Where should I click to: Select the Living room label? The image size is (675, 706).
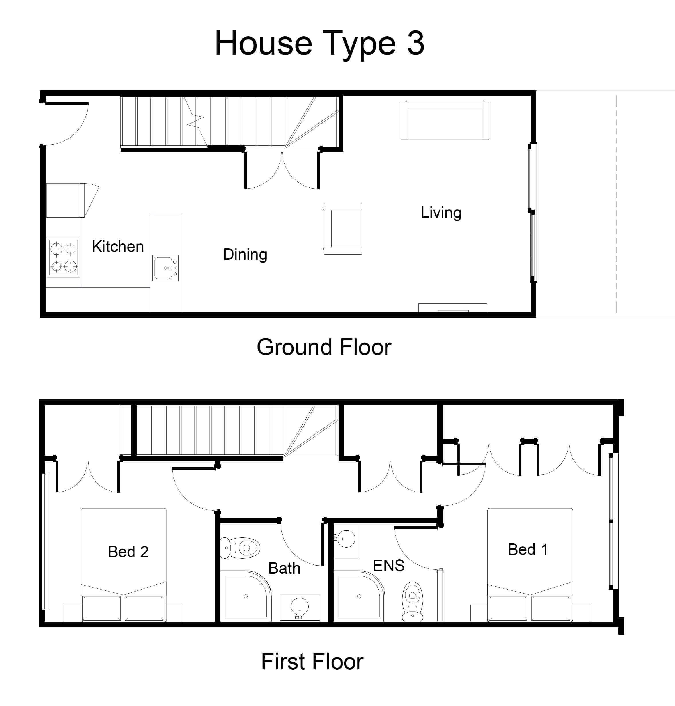tap(441, 213)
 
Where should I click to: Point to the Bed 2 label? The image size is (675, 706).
tap(128, 551)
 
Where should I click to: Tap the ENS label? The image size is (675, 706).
tap(389, 565)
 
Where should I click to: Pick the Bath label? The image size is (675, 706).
tap(284, 568)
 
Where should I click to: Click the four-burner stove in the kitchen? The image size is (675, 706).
tap(63, 257)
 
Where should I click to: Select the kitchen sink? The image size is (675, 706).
tap(165, 268)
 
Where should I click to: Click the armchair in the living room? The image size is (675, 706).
tap(343, 228)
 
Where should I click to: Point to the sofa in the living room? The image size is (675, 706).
tap(445, 121)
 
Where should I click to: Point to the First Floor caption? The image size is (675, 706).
tap(312, 661)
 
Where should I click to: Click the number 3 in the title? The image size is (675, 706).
tap(416, 43)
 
